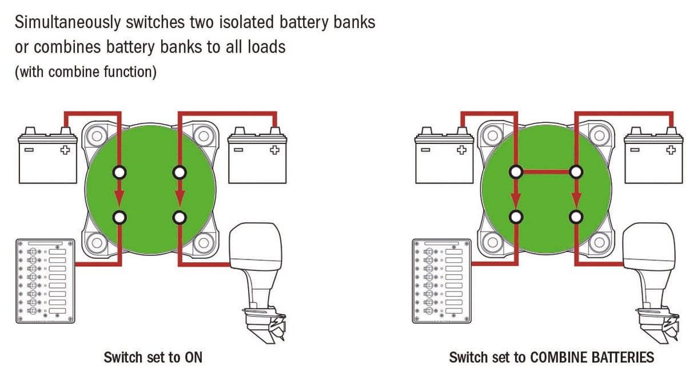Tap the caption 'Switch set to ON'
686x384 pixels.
[x=153, y=358]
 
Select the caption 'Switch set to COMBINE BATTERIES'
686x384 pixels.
[x=551, y=358]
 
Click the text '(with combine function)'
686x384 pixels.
[x=85, y=73]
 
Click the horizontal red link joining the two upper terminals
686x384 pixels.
[x=546, y=171]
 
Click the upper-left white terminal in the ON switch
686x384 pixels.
[x=119, y=171]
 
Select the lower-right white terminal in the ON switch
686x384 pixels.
[x=180, y=217]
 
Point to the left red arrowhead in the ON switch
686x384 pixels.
[x=119, y=198]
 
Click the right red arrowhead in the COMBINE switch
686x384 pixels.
[x=576, y=198]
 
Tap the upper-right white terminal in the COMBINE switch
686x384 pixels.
[x=576, y=171]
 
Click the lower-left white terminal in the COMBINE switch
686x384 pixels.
[x=516, y=217]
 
